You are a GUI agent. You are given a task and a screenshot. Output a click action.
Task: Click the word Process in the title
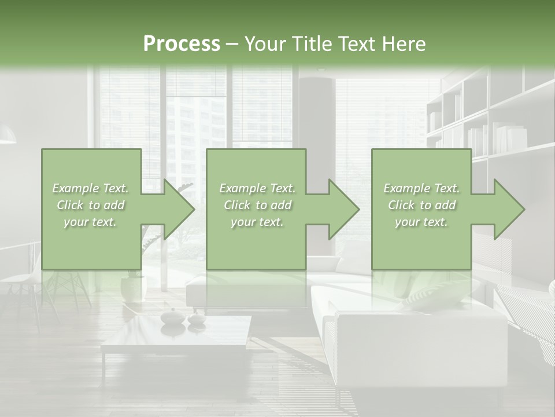click(182, 44)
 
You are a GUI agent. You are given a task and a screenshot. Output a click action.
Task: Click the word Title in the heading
click(310, 44)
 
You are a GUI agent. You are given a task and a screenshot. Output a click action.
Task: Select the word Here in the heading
click(404, 44)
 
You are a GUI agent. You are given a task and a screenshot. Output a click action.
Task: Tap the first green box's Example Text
click(91, 188)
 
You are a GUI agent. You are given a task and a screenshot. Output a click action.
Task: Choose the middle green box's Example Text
click(257, 188)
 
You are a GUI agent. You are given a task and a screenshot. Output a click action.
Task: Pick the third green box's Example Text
click(421, 188)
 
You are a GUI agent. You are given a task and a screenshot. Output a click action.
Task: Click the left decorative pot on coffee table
click(172, 316)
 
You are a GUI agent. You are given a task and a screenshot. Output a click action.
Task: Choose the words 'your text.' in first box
click(91, 222)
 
